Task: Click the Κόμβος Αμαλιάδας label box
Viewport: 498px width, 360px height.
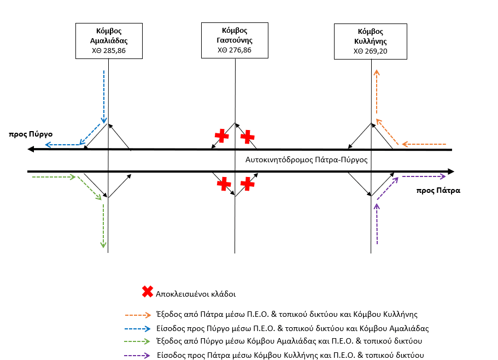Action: click(109, 41)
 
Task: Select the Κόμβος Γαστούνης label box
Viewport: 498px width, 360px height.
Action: click(235, 40)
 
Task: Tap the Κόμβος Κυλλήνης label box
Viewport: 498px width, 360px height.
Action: click(370, 42)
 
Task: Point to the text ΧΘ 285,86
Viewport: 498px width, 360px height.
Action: click(109, 50)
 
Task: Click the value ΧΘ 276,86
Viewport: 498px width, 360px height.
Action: click(235, 50)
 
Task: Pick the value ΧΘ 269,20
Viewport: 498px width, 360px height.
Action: click(370, 51)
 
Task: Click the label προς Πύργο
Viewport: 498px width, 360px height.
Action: click(31, 134)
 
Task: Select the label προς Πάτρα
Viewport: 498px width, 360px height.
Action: click(438, 191)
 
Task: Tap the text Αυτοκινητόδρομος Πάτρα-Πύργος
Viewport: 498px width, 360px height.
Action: click(307, 160)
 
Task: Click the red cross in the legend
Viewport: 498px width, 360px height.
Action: click(148, 291)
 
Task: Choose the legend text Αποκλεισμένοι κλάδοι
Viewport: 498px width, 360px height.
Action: click(196, 294)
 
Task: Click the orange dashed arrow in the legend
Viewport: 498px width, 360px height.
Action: click(138, 315)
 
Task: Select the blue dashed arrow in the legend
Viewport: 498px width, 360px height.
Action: click(137, 329)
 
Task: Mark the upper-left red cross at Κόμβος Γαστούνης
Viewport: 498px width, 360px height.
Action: click(222, 135)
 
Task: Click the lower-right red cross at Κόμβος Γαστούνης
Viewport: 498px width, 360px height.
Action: click(248, 184)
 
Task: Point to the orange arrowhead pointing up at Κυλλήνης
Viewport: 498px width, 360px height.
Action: click(377, 72)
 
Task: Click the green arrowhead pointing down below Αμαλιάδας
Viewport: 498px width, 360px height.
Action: click(103, 245)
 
